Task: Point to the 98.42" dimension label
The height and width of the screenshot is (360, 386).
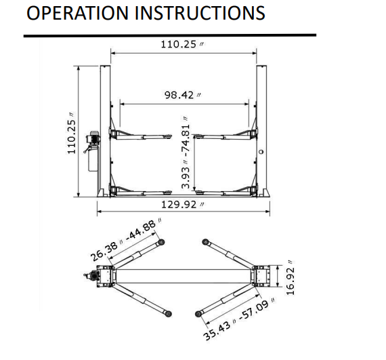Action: [x=182, y=95]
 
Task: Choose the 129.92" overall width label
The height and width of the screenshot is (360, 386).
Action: [x=184, y=204]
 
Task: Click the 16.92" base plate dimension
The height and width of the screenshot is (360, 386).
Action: [x=291, y=277]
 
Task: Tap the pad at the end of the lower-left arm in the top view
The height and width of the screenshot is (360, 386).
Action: [x=167, y=313]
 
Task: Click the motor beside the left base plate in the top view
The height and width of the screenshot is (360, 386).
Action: [x=88, y=276]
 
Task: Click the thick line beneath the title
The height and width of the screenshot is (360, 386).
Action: [x=169, y=35]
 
